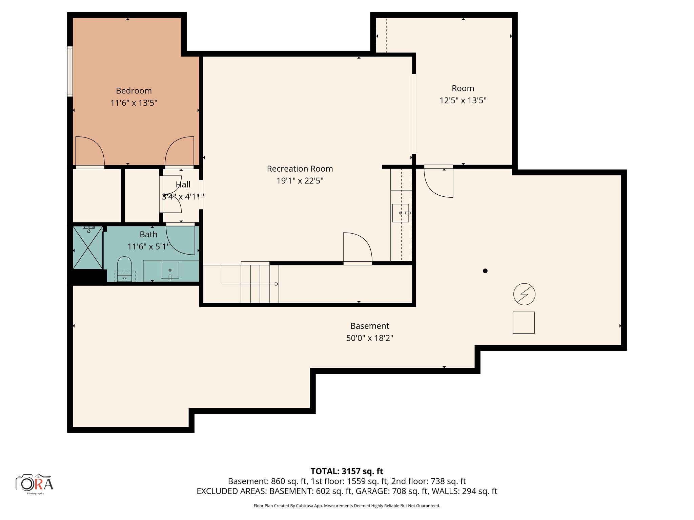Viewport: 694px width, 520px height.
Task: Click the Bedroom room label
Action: [134, 91]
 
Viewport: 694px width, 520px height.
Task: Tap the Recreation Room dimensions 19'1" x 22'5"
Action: [300, 181]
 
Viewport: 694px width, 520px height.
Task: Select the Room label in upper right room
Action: [463, 88]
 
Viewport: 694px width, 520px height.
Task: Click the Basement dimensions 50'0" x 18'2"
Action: [369, 338]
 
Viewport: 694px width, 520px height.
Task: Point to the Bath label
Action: [148, 234]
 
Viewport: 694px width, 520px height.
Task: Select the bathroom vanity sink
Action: [170, 270]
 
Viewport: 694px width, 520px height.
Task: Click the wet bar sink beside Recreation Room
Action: [401, 213]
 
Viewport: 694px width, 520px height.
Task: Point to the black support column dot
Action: [485, 271]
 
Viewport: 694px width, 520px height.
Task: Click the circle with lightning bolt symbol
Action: [524, 294]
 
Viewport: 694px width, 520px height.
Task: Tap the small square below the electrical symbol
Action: [524, 323]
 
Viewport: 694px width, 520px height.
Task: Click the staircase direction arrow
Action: [276, 284]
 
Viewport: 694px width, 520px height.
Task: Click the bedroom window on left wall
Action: [70, 71]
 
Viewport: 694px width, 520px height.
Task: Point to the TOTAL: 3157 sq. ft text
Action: [347, 471]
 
